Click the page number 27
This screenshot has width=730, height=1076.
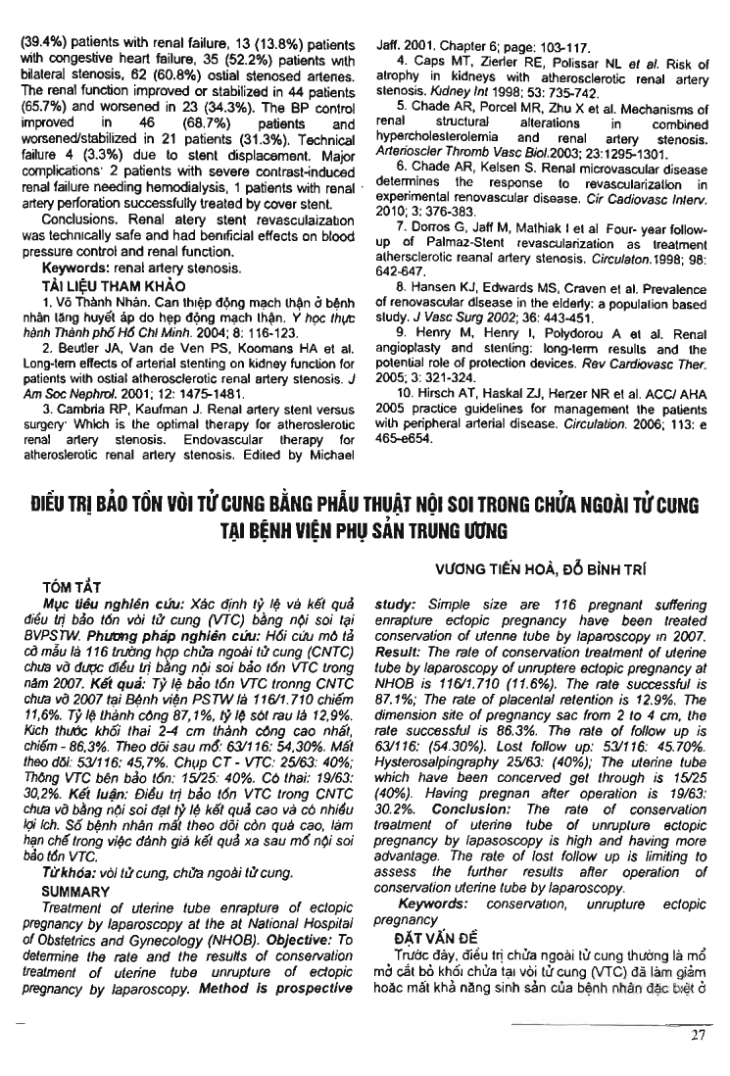pos(698,1038)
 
